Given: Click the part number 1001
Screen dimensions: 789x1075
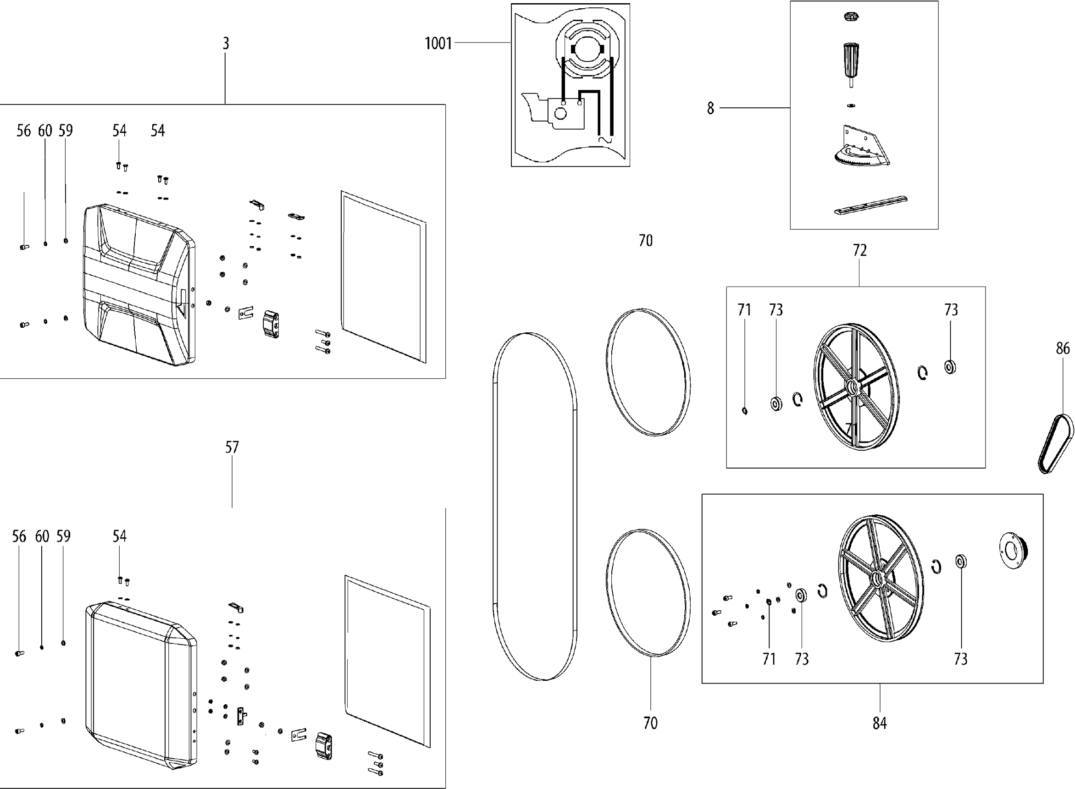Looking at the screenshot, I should click(438, 44).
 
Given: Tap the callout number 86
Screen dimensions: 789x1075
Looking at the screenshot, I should click(1063, 348).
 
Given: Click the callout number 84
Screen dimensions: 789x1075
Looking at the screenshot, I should click(880, 723).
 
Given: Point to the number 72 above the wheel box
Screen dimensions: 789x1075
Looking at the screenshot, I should click(859, 250).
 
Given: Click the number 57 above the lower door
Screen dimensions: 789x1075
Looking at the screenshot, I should click(232, 447).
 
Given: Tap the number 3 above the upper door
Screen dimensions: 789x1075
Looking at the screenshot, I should click(226, 44).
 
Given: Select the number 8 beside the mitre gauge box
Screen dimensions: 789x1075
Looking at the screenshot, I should click(710, 108).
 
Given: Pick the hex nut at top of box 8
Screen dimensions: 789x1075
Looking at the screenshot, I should click(850, 18).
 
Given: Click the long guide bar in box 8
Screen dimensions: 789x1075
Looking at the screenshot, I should click(871, 206).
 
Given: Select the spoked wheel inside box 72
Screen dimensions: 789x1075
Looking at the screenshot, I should click(855, 387).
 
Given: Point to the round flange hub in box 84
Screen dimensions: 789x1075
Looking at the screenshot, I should click(1013, 551).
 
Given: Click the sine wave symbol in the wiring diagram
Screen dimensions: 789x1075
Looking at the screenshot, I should click(605, 140).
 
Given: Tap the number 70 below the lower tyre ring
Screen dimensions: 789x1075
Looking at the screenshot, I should click(650, 723).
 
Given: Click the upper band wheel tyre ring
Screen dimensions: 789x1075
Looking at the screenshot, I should click(648, 373).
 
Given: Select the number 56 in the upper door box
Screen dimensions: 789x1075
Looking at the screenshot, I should click(23, 131).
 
